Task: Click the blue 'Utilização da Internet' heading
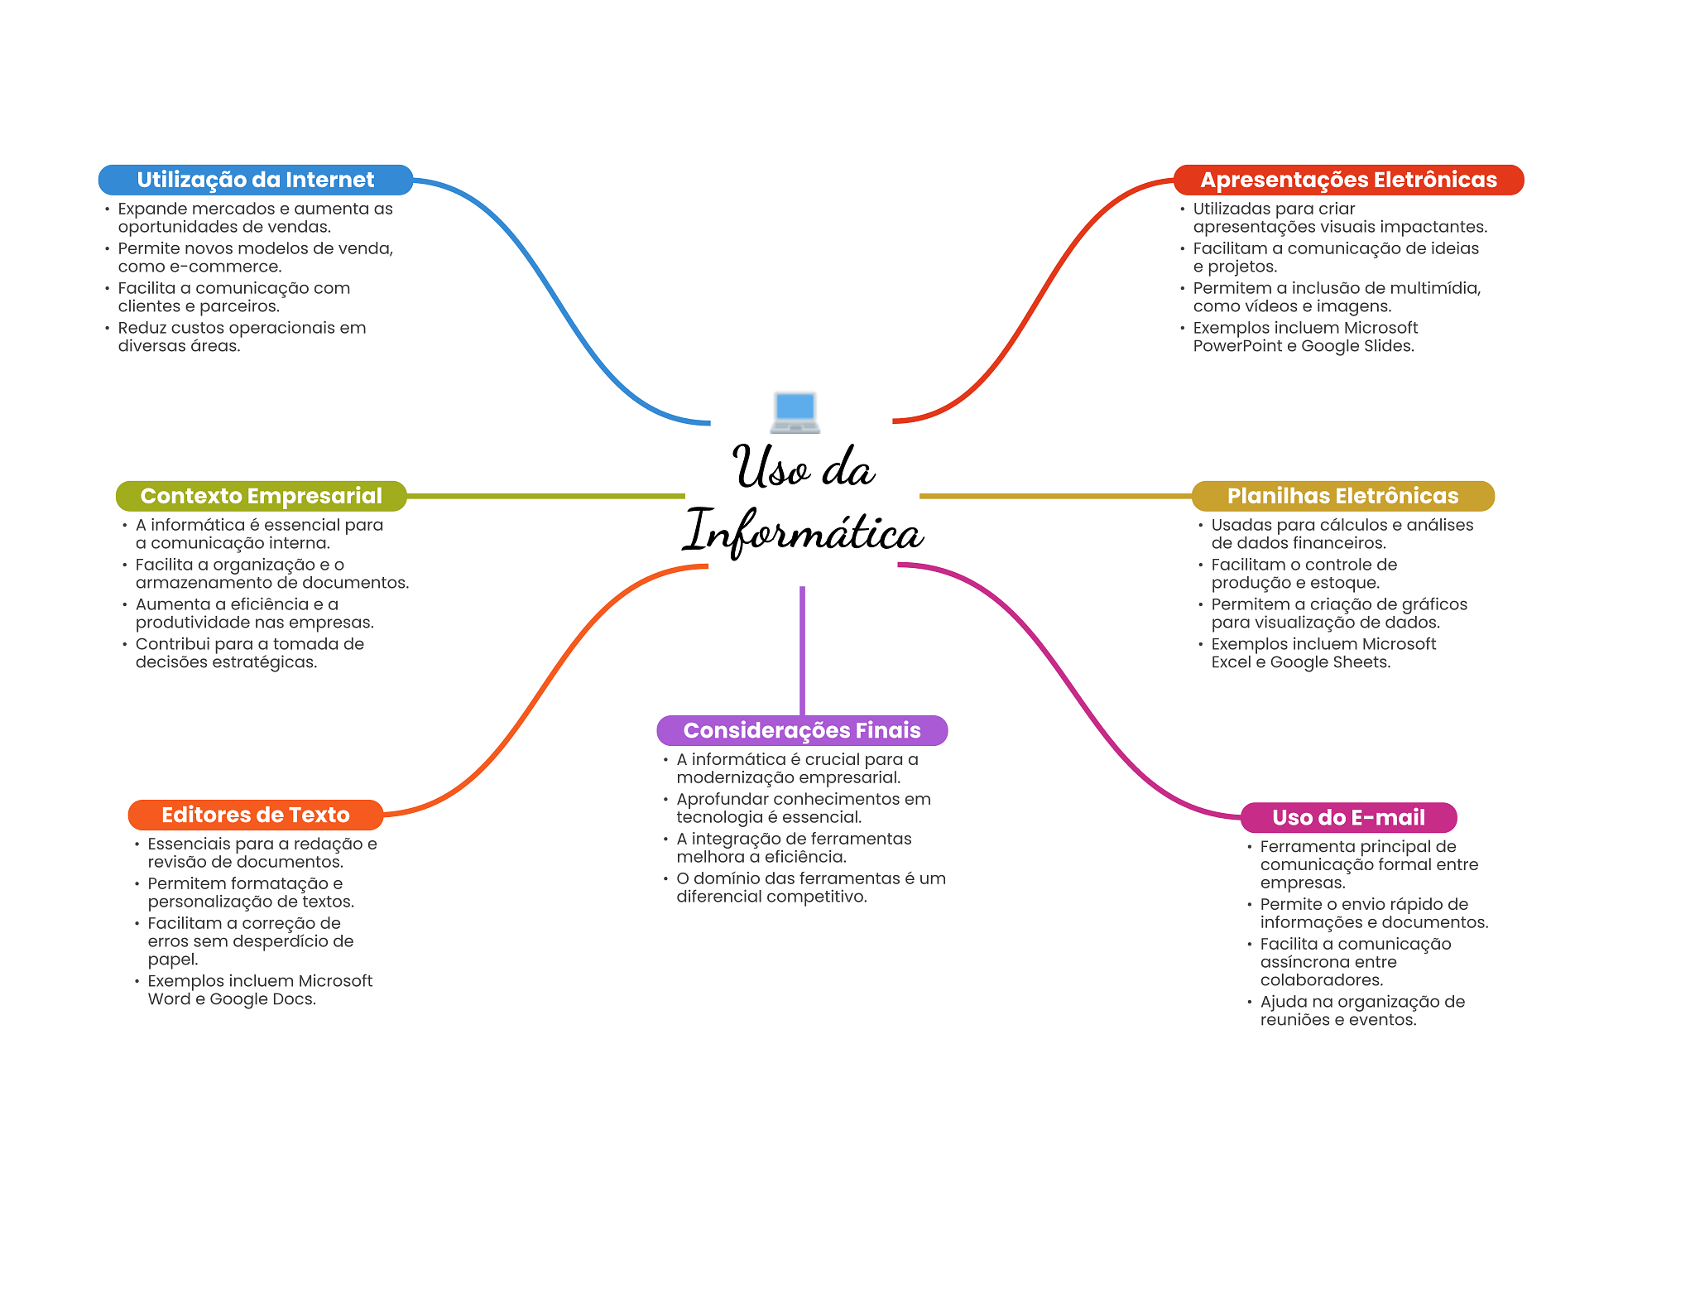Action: (x=255, y=180)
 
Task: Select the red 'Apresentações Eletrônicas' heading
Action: (x=1348, y=180)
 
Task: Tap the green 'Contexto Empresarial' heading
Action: (x=261, y=496)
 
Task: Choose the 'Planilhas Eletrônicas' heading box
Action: (x=1342, y=496)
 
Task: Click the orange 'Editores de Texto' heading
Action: (x=255, y=815)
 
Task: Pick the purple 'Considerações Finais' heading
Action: (x=801, y=730)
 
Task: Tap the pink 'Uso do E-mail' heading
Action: (x=1348, y=817)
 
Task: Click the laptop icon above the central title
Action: (x=795, y=412)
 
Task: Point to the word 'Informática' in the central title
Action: (x=803, y=532)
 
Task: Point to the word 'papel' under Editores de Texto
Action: (x=172, y=960)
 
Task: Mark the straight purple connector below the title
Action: (x=802, y=650)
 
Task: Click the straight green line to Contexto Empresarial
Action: (x=546, y=496)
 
